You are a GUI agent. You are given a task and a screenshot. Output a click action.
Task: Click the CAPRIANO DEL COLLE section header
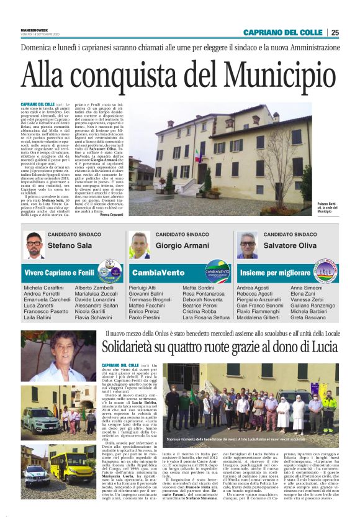283,32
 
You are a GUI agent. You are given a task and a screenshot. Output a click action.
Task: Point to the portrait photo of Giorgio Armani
140,245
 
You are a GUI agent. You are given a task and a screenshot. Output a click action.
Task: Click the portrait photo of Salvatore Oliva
248,245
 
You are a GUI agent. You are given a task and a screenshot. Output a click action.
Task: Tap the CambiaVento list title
158,272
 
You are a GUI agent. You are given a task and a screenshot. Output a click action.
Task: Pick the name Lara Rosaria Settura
205,317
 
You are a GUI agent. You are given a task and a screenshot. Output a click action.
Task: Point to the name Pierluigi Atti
142,288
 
